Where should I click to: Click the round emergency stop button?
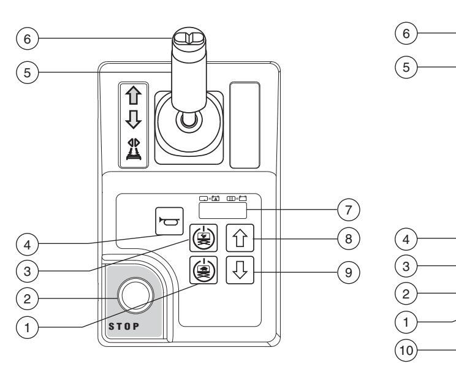tap(135, 295)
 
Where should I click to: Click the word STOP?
tap(124, 327)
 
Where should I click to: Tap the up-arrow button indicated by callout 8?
tap(240, 238)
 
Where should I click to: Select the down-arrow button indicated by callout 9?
tap(240, 270)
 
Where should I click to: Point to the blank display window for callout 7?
tap(222, 210)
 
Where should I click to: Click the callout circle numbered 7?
tap(349, 210)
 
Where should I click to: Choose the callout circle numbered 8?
tap(349, 238)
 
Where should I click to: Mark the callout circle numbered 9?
tap(349, 272)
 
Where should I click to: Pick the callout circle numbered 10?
tap(406, 350)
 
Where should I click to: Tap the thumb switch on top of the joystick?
tap(189, 38)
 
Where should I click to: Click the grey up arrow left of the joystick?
tap(134, 96)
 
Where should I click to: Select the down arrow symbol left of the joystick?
tap(134, 119)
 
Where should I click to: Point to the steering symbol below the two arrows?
tap(134, 149)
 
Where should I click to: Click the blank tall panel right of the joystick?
tap(245, 125)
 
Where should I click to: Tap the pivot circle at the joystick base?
tap(189, 120)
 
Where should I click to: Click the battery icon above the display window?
tap(243, 199)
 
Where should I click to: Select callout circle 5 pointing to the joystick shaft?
tap(28, 72)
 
